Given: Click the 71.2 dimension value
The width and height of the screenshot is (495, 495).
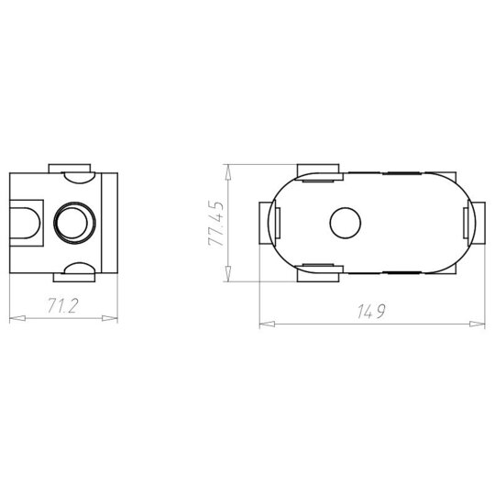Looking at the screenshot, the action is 62,305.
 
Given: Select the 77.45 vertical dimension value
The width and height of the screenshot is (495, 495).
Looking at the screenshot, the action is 216,223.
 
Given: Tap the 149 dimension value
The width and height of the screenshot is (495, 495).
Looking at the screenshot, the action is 371,312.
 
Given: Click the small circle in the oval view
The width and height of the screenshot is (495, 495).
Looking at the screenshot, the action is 345,223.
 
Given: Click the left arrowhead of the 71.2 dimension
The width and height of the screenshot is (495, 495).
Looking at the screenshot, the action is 17,318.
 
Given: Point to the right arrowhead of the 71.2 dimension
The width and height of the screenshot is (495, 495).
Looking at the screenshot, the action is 110,318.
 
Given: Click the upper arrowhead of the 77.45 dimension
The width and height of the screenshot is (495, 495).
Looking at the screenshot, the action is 227,172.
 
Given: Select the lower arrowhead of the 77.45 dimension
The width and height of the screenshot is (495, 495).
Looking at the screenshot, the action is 227,273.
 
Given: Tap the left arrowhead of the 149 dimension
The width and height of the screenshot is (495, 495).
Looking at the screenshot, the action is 267,324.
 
